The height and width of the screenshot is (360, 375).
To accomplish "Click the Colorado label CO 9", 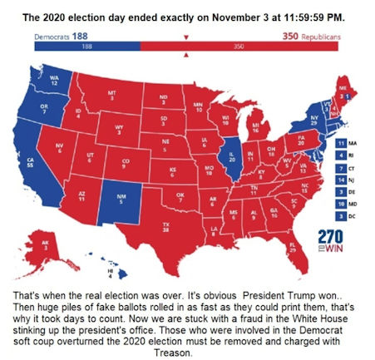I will (x=126, y=163).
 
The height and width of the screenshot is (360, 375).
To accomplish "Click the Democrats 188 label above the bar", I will (x=61, y=37).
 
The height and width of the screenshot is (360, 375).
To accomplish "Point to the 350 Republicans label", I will (x=311, y=37).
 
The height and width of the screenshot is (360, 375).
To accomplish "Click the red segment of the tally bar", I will (x=241, y=48).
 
